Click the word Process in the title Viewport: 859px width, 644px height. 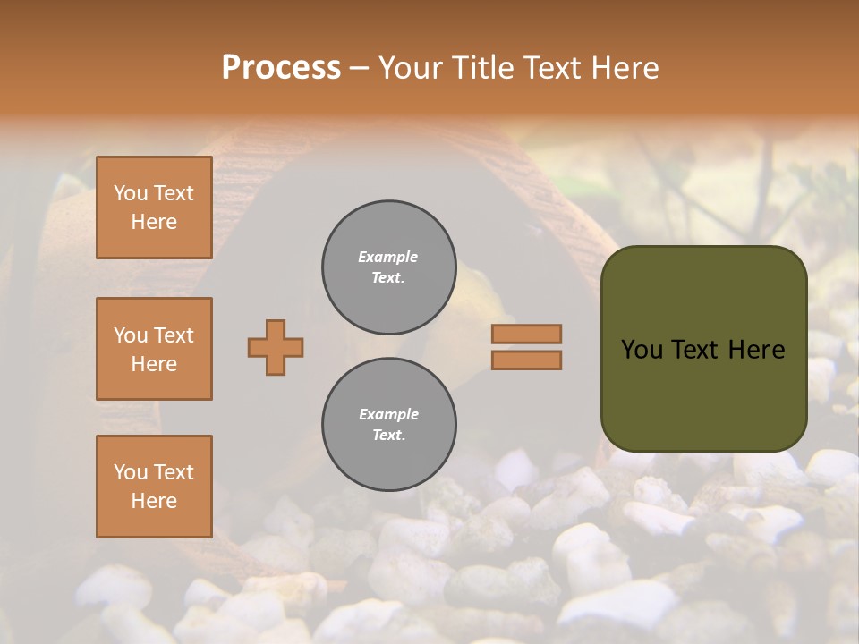[281, 68]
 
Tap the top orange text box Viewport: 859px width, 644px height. [154, 208]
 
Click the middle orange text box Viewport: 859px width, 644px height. [154, 349]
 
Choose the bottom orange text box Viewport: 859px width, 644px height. [154, 487]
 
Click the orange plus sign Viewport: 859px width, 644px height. [276, 347]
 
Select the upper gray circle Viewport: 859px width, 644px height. [388, 267]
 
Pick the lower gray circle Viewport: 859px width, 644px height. [388, 425]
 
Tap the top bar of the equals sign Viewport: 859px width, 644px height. [526, 334]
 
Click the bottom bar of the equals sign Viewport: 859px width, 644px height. [526, 360]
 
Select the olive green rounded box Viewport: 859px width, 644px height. [703, 349]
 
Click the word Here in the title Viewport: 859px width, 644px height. [623, 68]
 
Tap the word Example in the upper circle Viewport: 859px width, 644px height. [388, 258]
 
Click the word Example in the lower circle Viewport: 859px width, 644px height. [388, 415]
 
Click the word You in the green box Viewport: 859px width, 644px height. [641, 350]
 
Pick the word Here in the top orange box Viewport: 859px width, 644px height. [154, 222]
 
